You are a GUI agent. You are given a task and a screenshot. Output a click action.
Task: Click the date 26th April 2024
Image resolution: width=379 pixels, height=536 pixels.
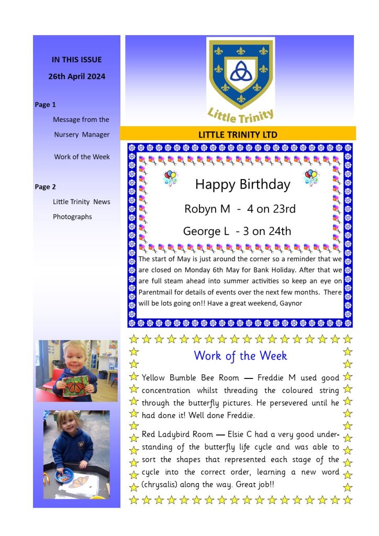(77, 76)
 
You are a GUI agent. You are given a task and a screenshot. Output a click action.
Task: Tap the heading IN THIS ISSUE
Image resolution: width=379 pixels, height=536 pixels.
(76, 60)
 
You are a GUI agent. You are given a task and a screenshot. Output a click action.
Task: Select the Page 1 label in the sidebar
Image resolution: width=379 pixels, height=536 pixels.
(45, 105)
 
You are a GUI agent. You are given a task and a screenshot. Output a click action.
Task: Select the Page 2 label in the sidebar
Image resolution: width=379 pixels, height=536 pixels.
(45, 187)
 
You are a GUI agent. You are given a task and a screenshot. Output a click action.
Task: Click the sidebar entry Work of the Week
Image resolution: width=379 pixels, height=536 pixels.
(82, 157)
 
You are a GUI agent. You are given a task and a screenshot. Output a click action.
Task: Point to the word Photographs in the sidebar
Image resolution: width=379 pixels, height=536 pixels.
(72, 217)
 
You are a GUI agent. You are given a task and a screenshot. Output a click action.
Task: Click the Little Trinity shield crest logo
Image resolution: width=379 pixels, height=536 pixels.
(240, 73)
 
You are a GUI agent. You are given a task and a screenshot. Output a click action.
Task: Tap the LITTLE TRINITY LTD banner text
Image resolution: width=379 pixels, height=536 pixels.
(238, 135)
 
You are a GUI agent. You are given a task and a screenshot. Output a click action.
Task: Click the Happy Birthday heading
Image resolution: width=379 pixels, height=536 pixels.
(242, 184)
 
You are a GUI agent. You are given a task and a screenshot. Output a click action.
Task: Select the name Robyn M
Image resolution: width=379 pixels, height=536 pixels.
(207, 209)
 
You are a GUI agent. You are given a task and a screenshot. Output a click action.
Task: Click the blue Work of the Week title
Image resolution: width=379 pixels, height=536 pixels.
(240, 356)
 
